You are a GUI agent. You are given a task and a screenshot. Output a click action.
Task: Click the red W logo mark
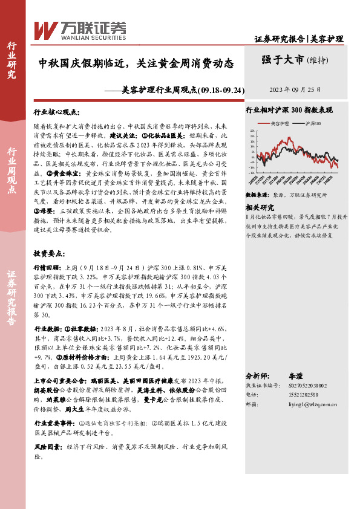46,30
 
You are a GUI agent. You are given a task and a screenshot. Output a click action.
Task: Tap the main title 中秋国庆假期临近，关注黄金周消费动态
136,62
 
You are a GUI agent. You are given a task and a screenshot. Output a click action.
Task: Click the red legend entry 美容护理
280,123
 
